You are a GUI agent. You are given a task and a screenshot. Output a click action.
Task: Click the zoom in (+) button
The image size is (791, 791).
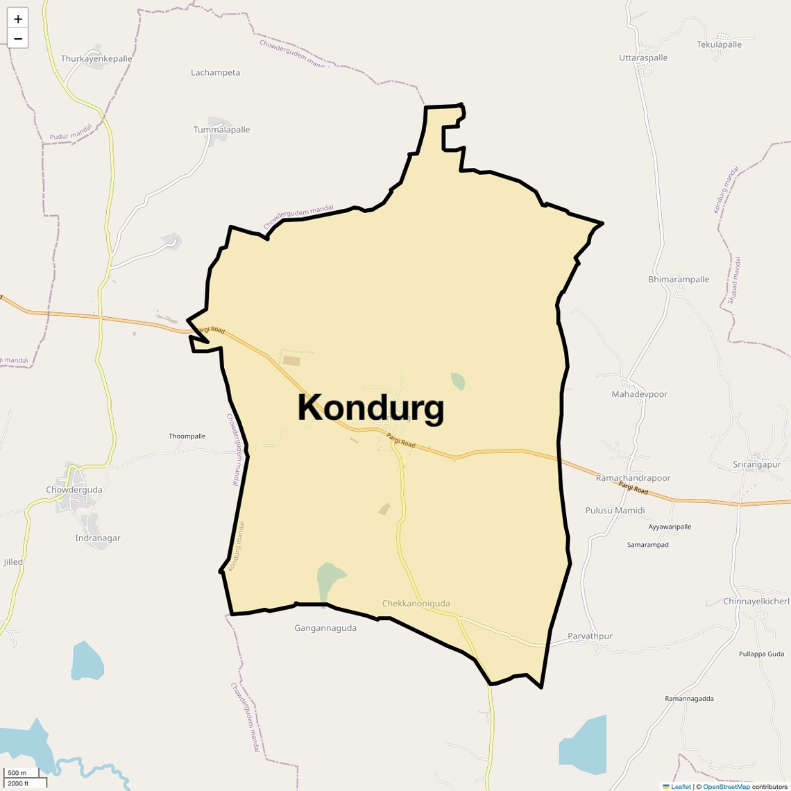pyautogui.click(x=18, y=19)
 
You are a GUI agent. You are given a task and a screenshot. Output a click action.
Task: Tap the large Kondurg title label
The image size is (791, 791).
pyautogui.click(x=371, y=408)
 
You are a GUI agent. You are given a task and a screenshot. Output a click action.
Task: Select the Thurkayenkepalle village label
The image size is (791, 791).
pyautogui.click(x=96, y=59)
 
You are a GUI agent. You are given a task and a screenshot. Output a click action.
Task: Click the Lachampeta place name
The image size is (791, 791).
pyautogui.click(x=215, y=72)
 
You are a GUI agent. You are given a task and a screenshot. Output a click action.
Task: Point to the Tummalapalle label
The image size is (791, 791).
pyautogui.click(x=221, y=130)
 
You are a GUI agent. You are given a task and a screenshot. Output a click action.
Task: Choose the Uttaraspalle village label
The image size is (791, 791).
pyautogui.click(x=643, y=58)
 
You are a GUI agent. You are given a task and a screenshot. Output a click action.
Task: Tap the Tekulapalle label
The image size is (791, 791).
pyautogui.click(x=719, y=44)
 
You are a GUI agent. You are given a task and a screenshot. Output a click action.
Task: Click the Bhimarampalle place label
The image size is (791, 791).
pyautogui.click(x=679, y=280)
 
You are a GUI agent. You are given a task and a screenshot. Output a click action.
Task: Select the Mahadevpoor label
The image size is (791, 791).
pyautogui.click(x=639, y=394)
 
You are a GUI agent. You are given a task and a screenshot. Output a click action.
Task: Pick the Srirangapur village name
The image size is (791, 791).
pyautogui.click(x=756, y=465)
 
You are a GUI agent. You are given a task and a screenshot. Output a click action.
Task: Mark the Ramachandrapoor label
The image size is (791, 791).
pyautogui.click(x=633, y=478)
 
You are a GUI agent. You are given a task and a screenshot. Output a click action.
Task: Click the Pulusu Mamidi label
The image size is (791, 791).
pyautogui.click(x=615, y=511)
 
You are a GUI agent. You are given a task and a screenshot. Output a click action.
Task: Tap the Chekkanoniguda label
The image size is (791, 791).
pyautogui.click(x=416, y=604)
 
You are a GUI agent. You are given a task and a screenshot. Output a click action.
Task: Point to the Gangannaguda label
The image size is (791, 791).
pyautogui.click(x=325, y=628)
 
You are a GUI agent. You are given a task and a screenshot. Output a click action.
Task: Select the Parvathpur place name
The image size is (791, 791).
pyautogui.click(x=590, y=636)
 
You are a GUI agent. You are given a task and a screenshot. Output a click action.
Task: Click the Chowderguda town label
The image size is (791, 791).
pyautogui.click(x=74, y=490)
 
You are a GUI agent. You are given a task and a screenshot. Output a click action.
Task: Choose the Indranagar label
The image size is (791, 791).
pyautogui.click(x=98, y=538)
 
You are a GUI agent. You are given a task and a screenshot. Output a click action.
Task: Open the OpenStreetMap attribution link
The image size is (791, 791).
pyautogui.click(x=726, y=787)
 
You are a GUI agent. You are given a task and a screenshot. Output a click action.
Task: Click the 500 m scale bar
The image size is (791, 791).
pyautogui.click(x=17, y=773)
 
